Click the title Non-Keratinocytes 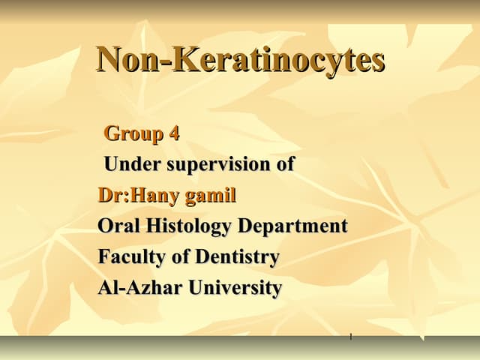pyautogui.click(x=240, y=60)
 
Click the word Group pyautogui.click(x=134, y=133)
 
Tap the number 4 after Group pyautogui.click(x=174, y=133)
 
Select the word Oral pyautogui.click(x=118, y=226)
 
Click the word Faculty pyautogui.click(x=130, y=257)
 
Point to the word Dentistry pyautogui.click(x=237, y=257)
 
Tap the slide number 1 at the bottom pyautogui.click(x=350, y=336)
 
